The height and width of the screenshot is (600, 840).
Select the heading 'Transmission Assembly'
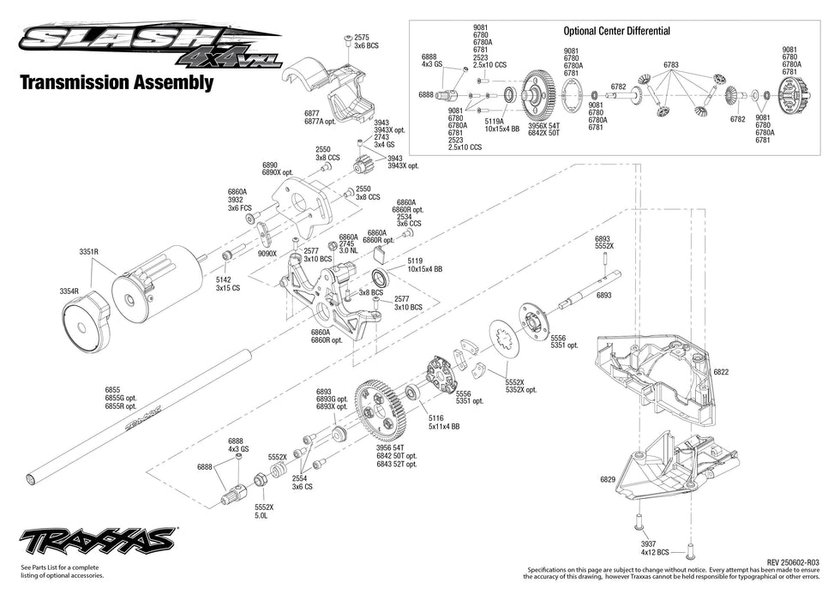[x=116, y=83]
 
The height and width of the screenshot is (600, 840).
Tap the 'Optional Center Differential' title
[x=616, y=31]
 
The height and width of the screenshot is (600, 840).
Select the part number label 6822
[x=721, y=372]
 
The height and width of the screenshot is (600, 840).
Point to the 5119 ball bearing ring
[x=380, y=278]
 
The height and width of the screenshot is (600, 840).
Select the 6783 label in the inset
[x=670, y=65]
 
